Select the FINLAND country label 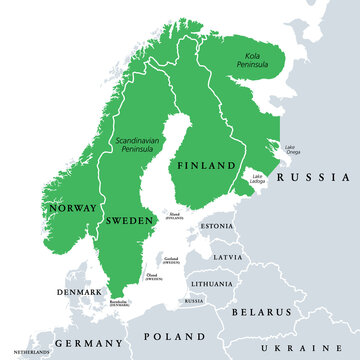tap(207, 165)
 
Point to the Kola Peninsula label tap(250, 62)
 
